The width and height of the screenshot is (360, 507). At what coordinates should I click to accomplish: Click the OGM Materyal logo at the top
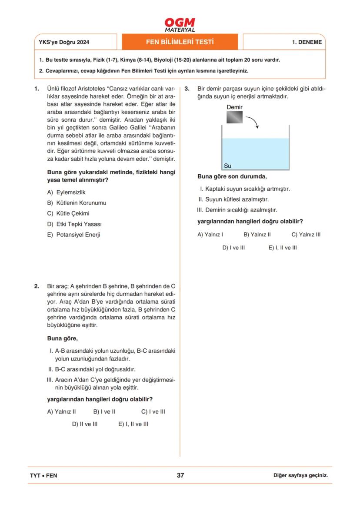(180, 25)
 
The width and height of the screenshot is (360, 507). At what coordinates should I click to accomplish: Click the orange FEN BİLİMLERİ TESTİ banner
(180, 42)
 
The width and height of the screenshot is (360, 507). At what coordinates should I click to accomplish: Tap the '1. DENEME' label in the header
(307, 43)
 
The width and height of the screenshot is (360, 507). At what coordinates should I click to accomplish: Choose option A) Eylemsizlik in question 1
(69, 192)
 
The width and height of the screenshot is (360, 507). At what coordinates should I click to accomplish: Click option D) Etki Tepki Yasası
(77, 224)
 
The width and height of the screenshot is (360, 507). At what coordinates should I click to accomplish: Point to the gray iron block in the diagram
(234, 117)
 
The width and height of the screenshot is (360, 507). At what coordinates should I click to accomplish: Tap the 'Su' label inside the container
(227, 166)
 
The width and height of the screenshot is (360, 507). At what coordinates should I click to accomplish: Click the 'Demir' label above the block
(234, 107)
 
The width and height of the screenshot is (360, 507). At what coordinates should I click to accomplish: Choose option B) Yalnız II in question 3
(257, 234)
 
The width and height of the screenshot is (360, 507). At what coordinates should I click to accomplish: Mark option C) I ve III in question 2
(153, 411)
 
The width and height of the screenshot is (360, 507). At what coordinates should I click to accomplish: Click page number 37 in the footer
(180, 475)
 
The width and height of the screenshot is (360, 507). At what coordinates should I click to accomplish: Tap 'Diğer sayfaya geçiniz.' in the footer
(300, 475)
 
